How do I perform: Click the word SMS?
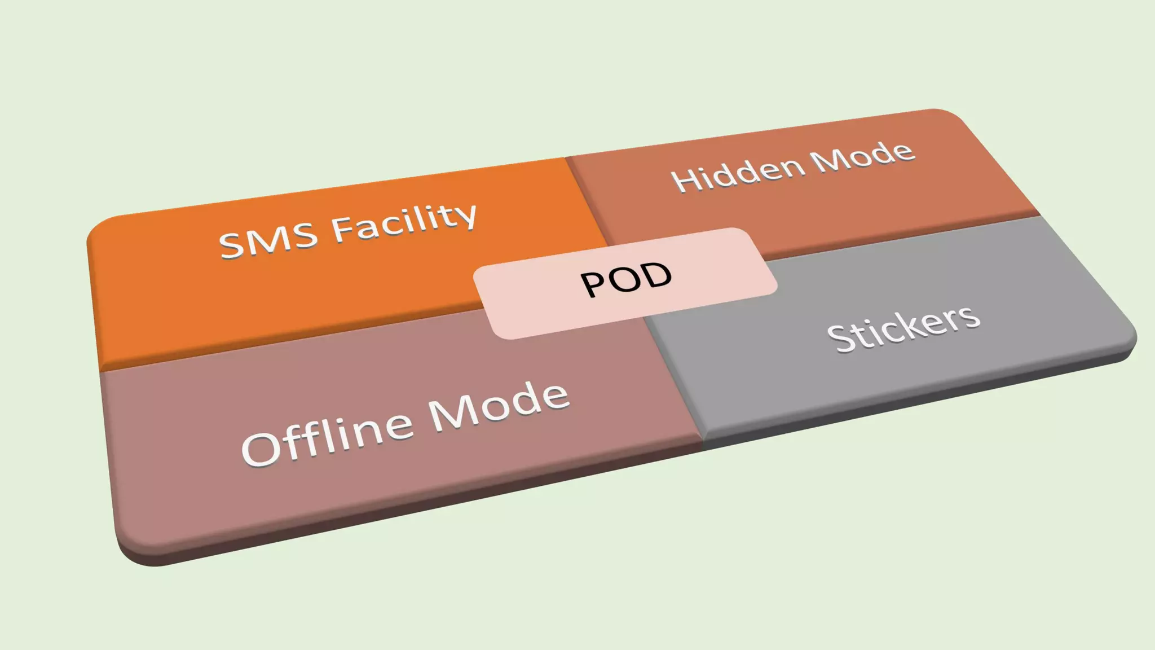(x=268, y=239)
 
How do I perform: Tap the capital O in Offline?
(x=261, y=448)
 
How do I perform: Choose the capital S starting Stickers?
(x=840, y=339)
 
